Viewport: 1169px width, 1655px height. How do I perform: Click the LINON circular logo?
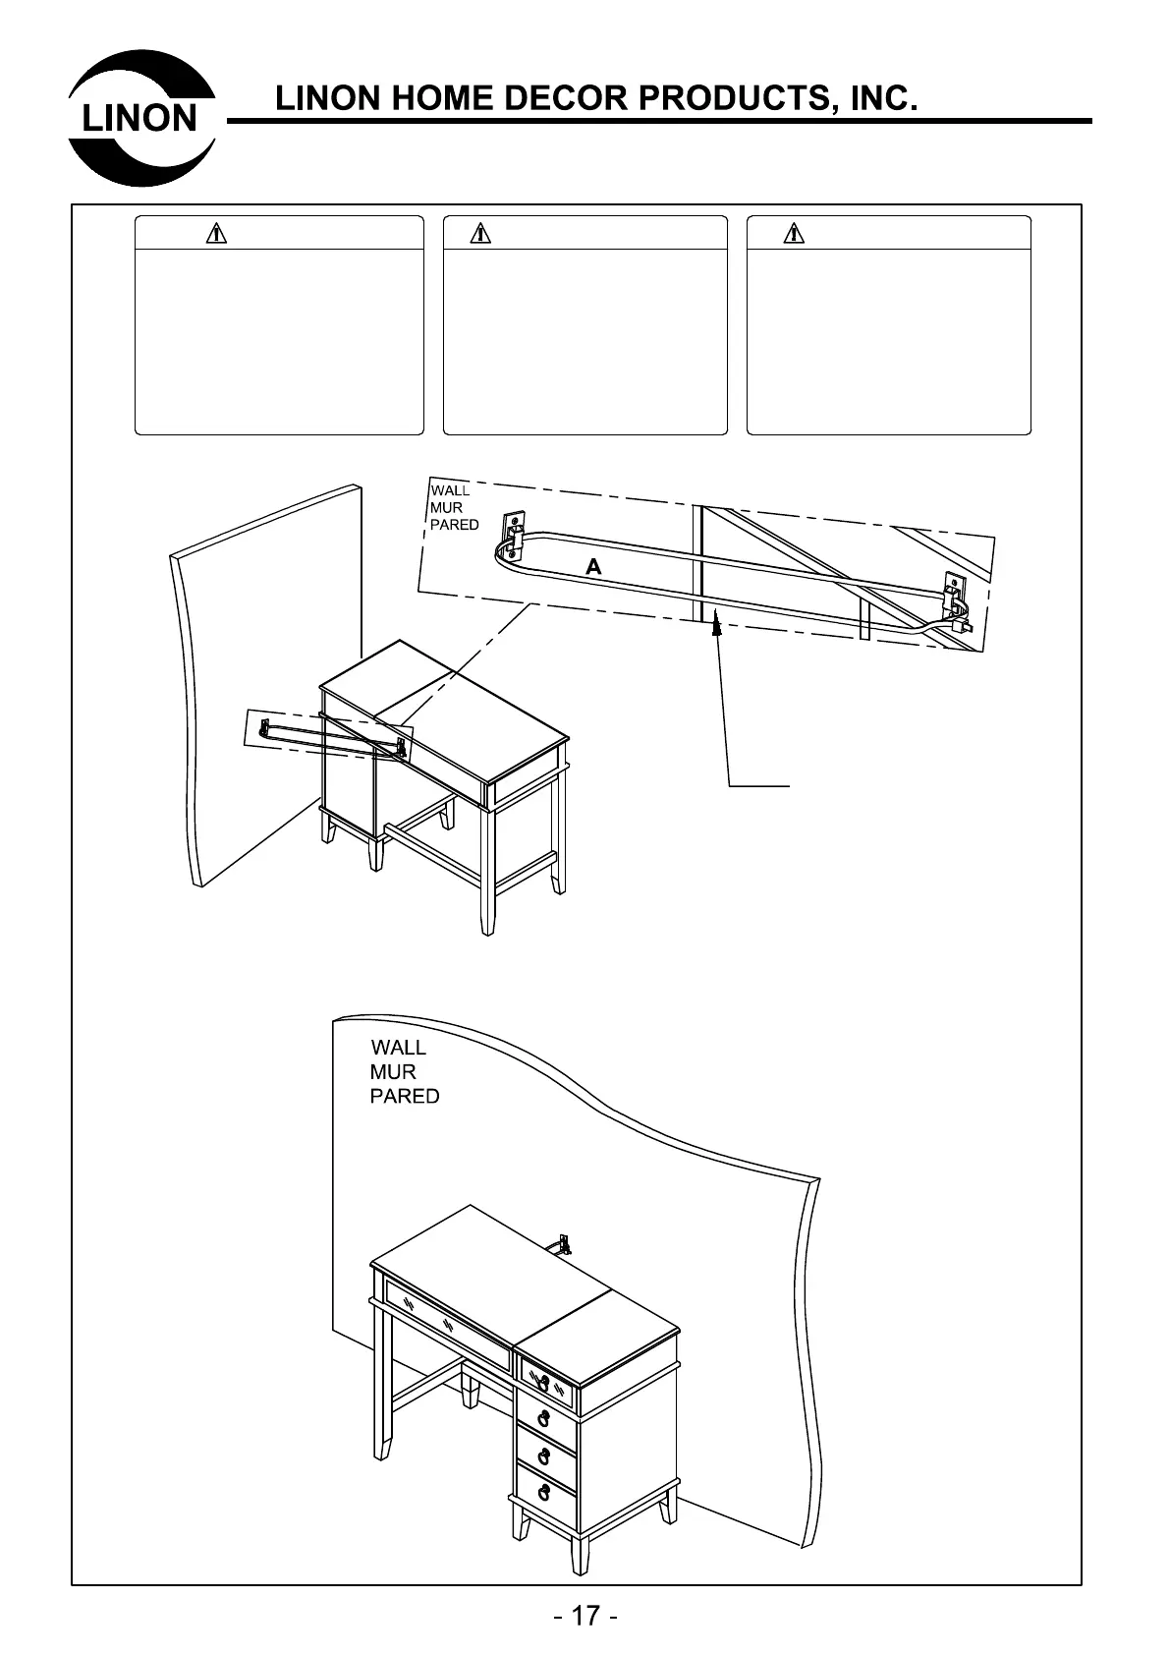(x=141, y=117)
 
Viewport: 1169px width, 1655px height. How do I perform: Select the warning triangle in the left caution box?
(x=216, y=234)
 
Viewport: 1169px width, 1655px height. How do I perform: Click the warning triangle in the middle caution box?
(x=480, y=234)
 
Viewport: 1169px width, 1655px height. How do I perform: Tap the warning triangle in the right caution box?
(x=794, y=234)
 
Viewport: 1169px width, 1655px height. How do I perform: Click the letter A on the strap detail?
(x=592, y=567)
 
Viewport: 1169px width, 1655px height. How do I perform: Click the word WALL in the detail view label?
(x=450, y=490)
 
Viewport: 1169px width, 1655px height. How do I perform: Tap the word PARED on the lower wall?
(x=404, y=1096)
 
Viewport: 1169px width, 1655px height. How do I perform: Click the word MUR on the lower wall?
(x=393, y=1071)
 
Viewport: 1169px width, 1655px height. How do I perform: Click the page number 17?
(x=584, y=1616)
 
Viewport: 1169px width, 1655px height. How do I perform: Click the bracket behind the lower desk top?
(x=564, y=1244)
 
